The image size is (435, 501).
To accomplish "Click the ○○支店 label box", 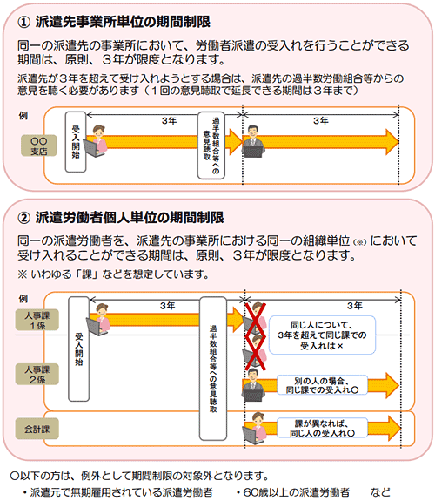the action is point(39,146).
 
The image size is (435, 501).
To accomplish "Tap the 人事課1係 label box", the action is point(37,320).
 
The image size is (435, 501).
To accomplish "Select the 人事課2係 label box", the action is point(37,374).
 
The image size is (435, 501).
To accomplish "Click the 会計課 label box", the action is point(37,429).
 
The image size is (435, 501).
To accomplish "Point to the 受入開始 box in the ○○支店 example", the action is point(76,142).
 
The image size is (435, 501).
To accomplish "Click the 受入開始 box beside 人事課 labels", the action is point(79,349).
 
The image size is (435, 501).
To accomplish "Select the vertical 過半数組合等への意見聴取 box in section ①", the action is point(211,146).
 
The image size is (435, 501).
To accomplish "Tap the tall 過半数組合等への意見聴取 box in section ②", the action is point(213,369).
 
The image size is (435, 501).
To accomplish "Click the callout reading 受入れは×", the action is point(322,335).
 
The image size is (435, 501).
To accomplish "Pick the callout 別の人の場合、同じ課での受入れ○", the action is point(322,385).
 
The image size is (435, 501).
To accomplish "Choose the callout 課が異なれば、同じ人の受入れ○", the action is point(322,428).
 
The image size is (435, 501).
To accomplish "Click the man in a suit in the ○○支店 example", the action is point(253,141).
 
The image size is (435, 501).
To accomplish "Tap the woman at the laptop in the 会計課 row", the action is point(255,428).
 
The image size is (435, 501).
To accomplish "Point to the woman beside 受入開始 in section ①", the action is point(95,141).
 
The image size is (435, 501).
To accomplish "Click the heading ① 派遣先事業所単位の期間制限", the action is point(114,22).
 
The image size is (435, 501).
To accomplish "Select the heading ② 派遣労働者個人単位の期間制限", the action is point(121,218).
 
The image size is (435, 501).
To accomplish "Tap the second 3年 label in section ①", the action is point(321,121).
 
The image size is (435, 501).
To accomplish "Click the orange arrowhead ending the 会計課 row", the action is point(394,428).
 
